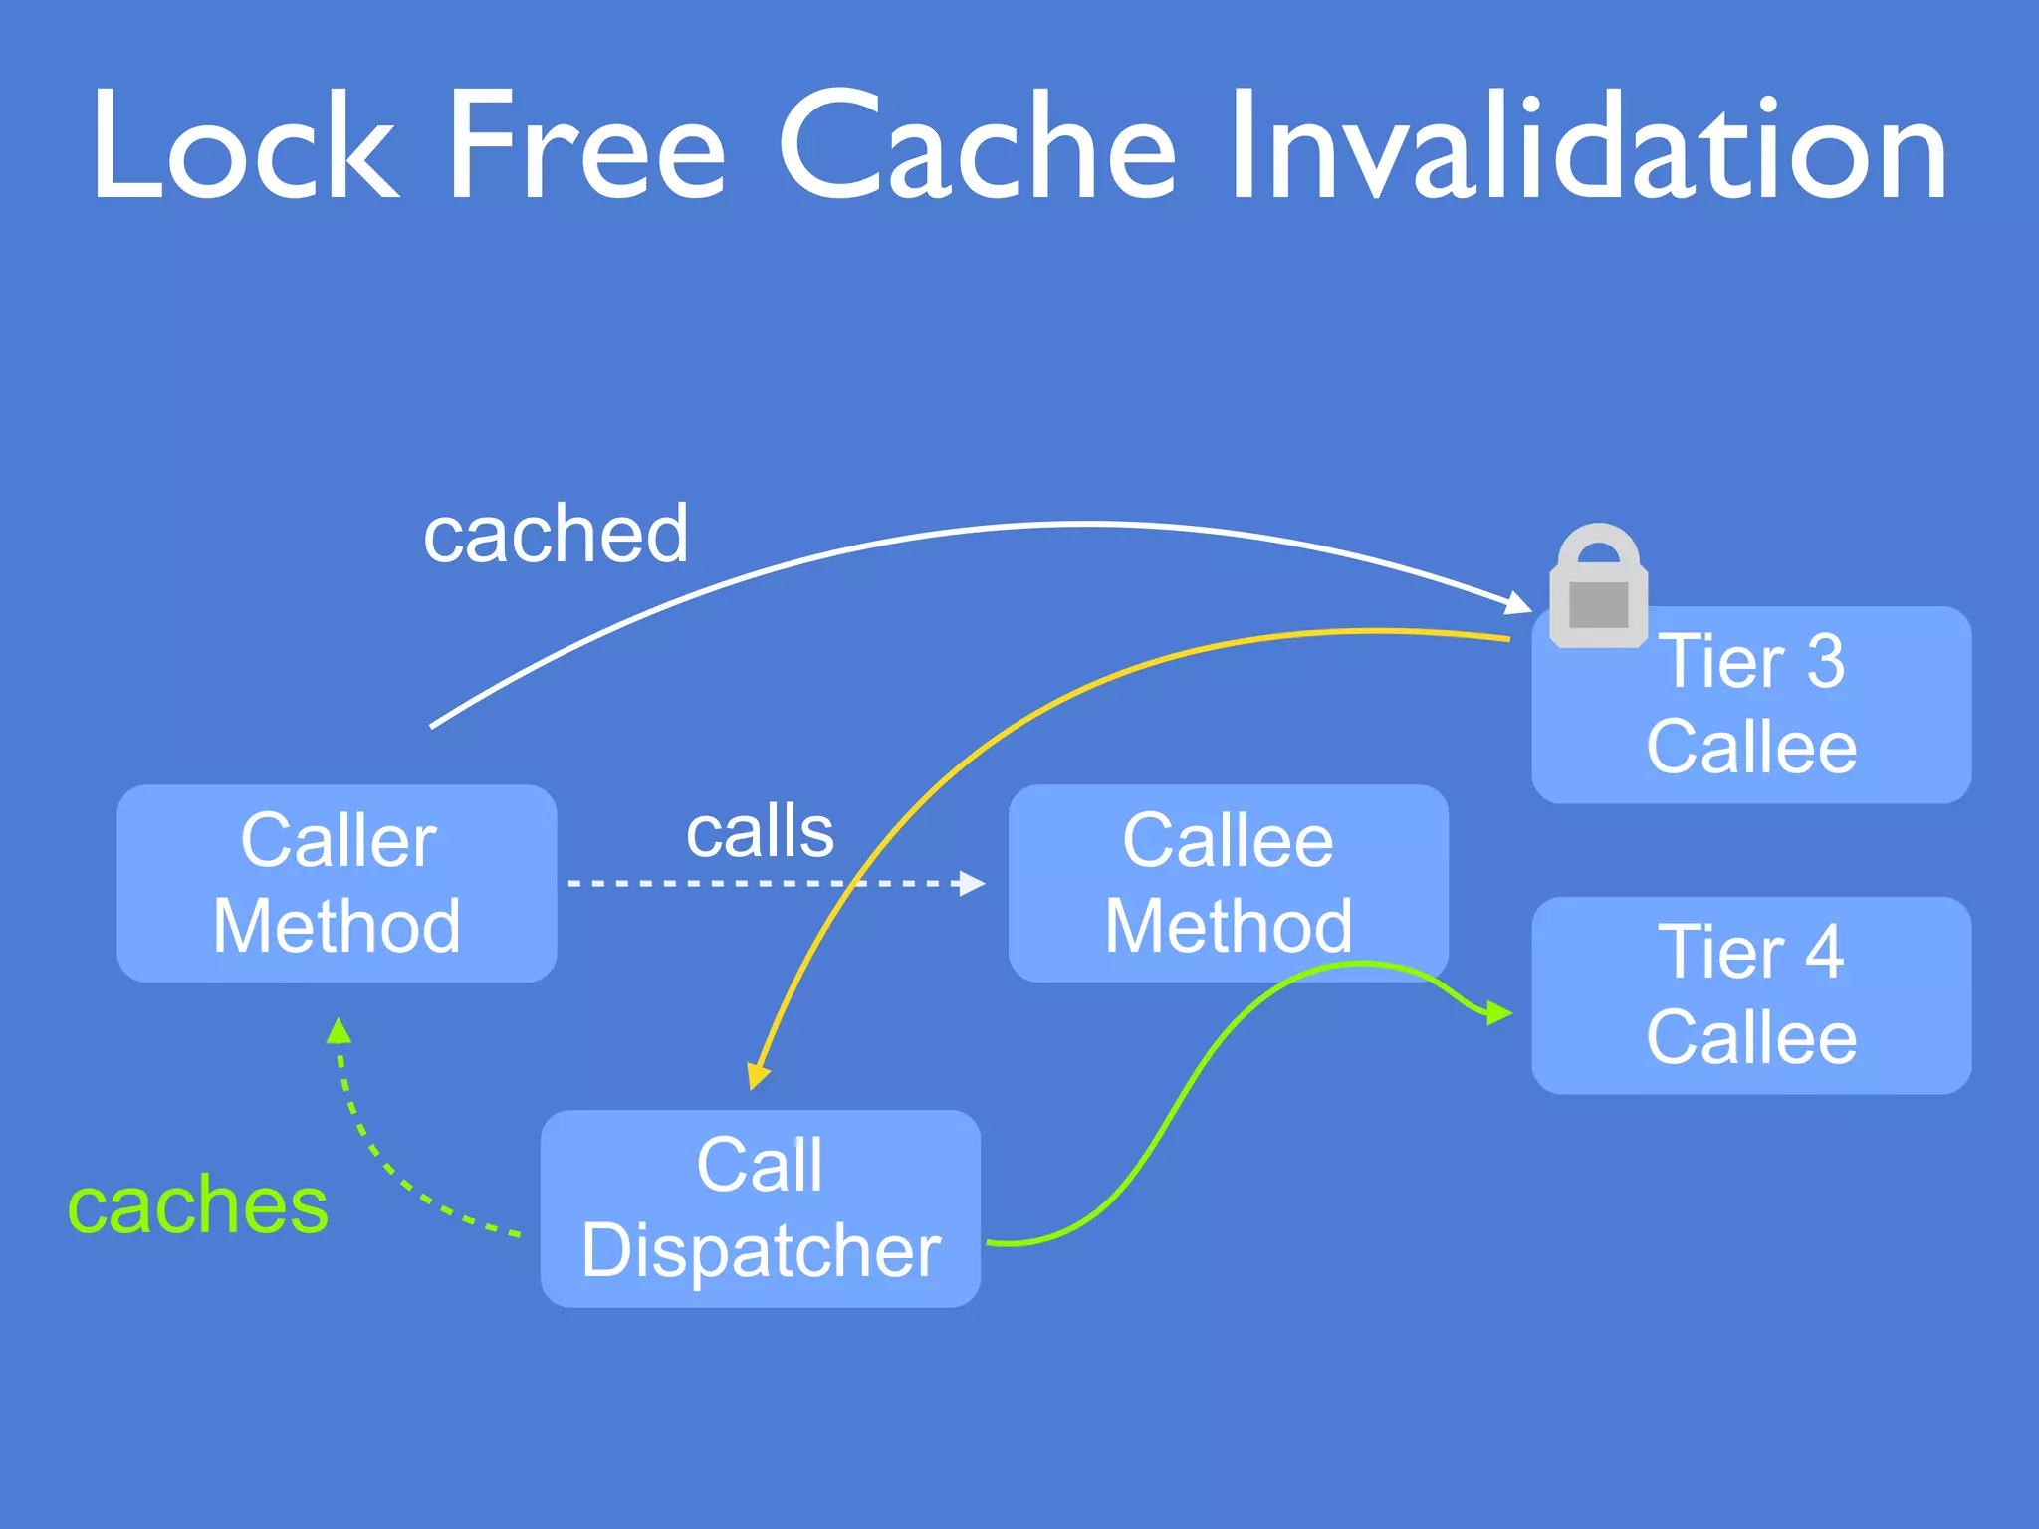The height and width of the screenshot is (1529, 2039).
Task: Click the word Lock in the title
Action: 245,146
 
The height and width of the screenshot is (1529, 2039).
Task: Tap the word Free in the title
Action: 586,146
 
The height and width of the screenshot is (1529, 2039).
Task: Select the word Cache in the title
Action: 977,146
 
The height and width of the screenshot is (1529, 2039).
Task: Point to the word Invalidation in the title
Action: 1587,146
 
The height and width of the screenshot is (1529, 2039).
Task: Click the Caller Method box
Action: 337,884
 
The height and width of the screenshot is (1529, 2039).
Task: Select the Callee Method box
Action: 1228,884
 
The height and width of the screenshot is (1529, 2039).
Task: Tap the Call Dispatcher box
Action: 760,1208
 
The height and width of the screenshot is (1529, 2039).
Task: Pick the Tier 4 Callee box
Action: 1751,995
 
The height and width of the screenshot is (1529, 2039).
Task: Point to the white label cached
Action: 556,535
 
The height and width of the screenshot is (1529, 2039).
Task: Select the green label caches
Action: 197,1205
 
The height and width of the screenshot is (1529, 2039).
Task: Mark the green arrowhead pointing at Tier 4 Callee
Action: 1499,1014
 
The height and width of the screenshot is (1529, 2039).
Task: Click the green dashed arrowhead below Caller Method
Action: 339,1030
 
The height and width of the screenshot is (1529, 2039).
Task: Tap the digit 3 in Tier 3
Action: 1825,661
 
